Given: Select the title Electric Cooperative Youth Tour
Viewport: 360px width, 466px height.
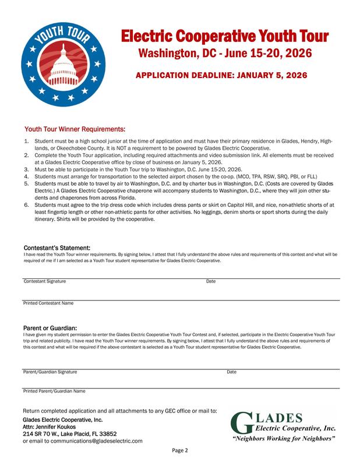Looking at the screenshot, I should click(225, 37).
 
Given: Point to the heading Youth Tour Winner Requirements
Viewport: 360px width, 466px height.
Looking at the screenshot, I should click(74, 129).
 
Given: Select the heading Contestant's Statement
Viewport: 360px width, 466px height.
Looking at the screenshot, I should click(57, 248).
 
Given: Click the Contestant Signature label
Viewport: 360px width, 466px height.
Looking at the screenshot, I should click(44, 281).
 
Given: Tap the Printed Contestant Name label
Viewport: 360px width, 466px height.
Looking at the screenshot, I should click(48, 303).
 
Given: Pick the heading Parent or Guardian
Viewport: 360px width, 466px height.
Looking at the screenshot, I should click(50, 328).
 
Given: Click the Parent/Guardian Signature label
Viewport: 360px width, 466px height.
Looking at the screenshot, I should click(50, 371).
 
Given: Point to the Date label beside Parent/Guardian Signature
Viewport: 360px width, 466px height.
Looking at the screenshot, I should click(231, 371).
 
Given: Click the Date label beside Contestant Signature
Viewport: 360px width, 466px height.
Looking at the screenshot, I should click(211, 281).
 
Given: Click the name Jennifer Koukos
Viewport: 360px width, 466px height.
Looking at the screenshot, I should click(57, 426).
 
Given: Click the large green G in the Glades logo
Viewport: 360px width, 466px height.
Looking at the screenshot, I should click(241, 423).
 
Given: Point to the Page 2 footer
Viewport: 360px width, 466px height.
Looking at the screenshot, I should click(180, 450).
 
